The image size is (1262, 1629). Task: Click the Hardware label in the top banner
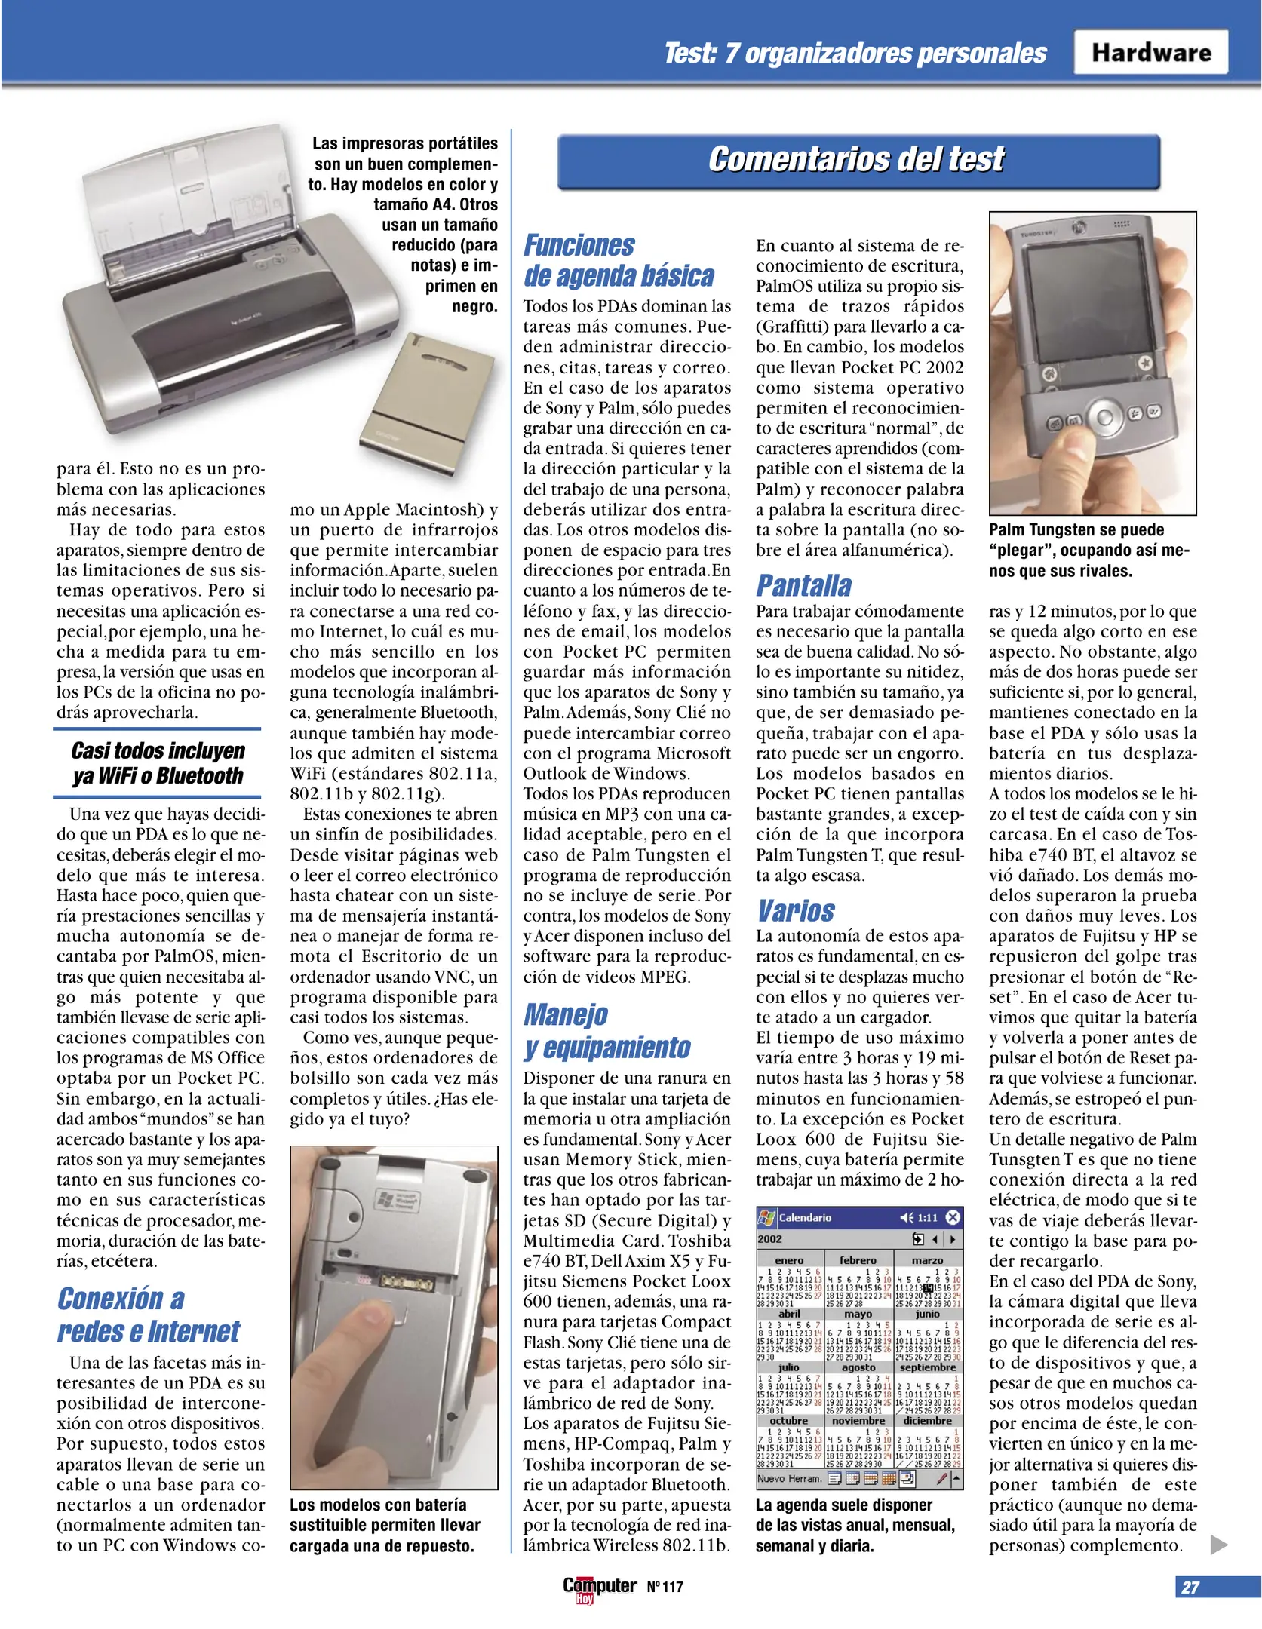[1150, 53]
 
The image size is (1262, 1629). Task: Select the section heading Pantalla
[803, 585]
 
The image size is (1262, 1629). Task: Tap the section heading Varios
[796, 910]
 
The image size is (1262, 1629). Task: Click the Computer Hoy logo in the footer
[599, 1587]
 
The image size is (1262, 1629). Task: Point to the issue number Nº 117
[665, 1587]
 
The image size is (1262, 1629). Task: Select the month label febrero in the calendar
[858, 1260]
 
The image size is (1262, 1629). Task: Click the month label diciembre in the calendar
[927, 1421]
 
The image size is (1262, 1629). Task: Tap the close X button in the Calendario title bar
[953, 1217]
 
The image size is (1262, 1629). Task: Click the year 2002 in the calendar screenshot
[769, 1239]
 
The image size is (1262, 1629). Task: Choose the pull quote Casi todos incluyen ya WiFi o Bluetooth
[158, 763]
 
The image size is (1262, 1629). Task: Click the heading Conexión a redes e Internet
[148, 1315]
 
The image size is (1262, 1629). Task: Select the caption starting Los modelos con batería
[385, 1524]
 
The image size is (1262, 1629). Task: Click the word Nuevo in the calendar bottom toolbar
[771, 1479]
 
